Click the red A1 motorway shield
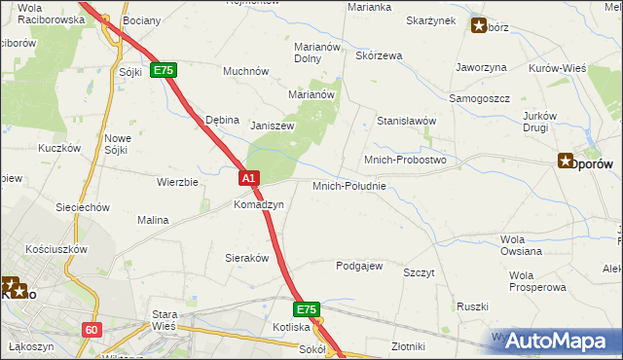pyautogui.click(x=249, y=178)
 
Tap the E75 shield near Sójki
pyautogui.click(x=163, y=71)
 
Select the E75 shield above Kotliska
pyautogui.click(x=307, y=309)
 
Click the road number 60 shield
pyautogui.click(x=92, y=330)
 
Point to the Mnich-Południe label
pyautogui.click(x=349, y=185)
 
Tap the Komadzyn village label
pyautogui.click(x=258, y=205)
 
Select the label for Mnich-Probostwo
pyautogui.click(x=404, y=159)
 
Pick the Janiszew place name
pyautogui.click(x=273, y=126)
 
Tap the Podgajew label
pyautogui.click(x=359, y=266)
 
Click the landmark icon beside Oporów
pyautogui.click(x=566, y=162)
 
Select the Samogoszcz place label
pyautogui.click(x=479, y=99)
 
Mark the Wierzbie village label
pyautogui.click(x=178, y=182)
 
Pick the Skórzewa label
pyautogui.click(x=380, y=55)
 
